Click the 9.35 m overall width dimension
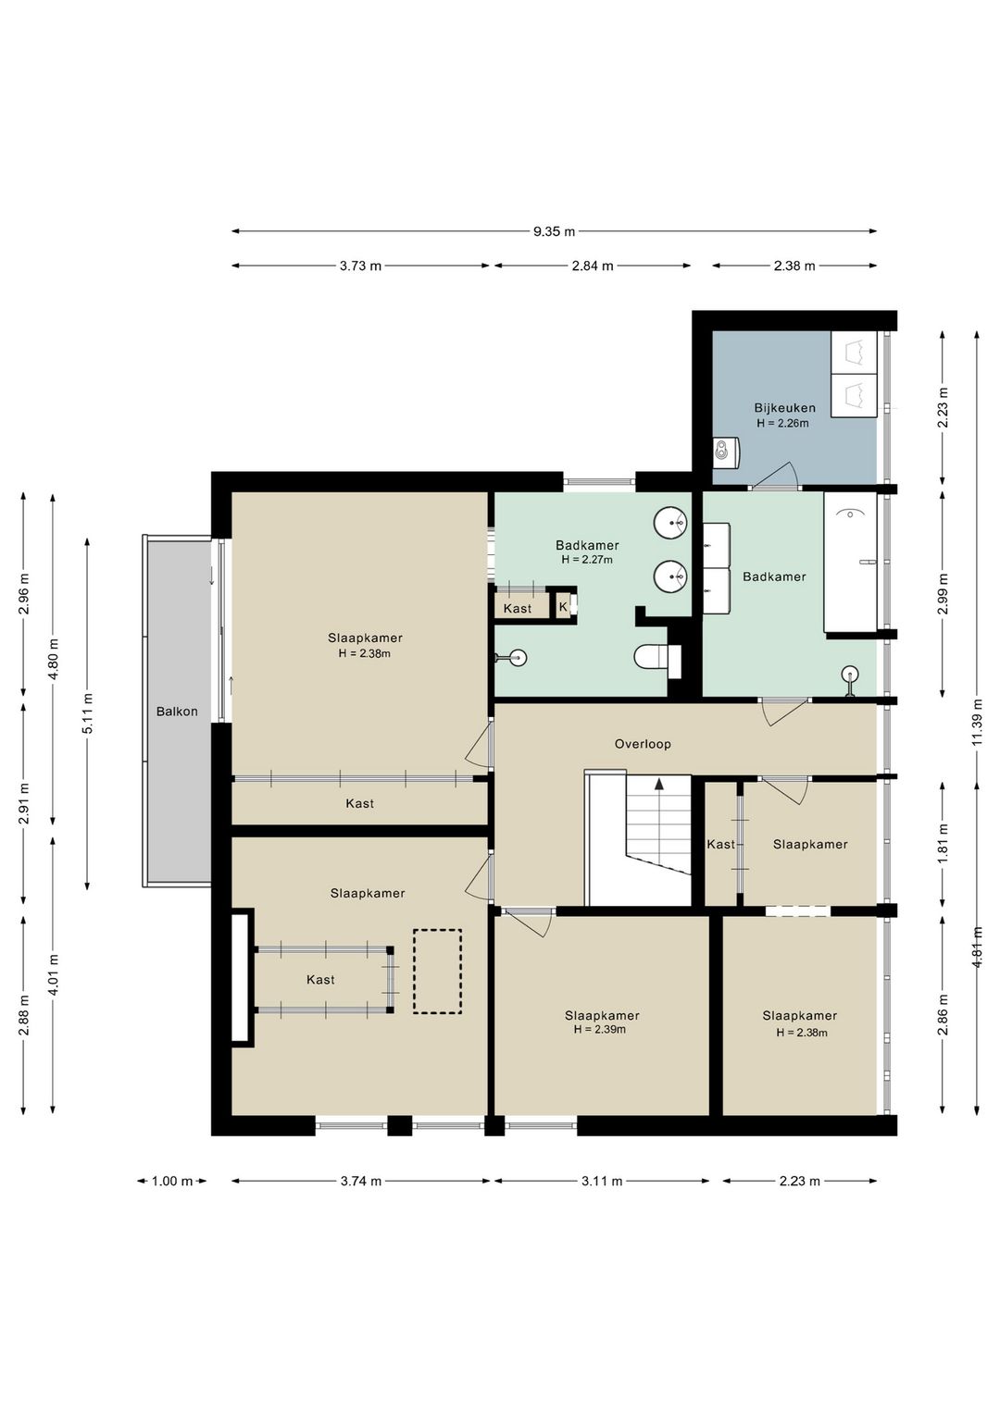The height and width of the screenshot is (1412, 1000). [x=554, y=231]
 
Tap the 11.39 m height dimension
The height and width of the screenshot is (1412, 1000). [x=977, y=723]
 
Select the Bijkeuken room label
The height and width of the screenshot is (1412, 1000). [x=785, y=408]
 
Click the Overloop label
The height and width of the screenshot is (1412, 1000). [x=643, y=744]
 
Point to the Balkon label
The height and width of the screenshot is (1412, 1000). [x=177, y=712]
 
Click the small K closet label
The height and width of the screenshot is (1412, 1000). [x=563, y=607]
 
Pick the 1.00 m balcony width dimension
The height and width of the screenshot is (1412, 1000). [x=172, y=1181]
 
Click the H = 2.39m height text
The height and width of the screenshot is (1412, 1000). [x=600, y=1029]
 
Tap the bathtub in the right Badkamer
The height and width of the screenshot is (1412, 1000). [x=850, y=562]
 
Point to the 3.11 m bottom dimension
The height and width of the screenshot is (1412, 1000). [x=602, y=1181]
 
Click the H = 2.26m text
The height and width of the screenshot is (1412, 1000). [x=783, y=423]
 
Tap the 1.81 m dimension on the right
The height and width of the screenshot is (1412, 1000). [x=943, y=844]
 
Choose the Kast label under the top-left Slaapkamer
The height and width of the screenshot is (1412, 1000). [x=359, y=804]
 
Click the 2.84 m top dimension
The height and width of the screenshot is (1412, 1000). [x=593, y=266]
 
